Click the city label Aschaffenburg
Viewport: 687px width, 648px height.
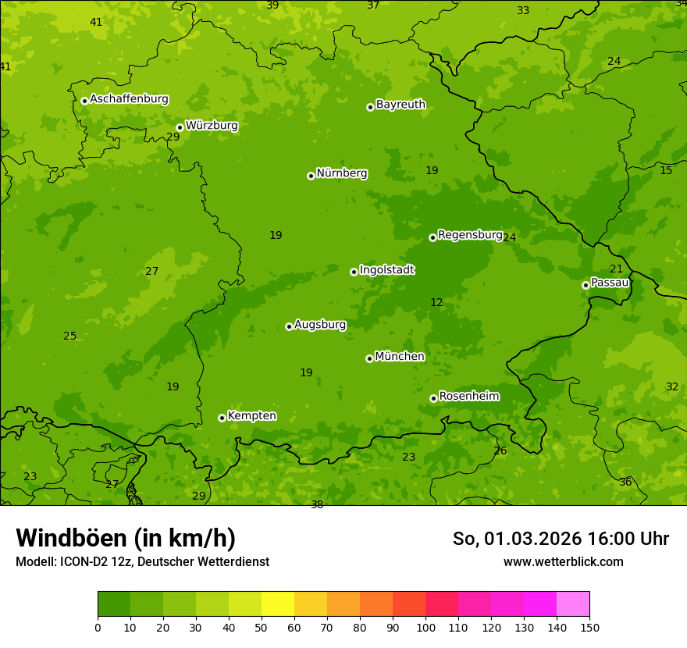pos(129,99)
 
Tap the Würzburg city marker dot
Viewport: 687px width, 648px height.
pos(180,127)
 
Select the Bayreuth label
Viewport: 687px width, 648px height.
pos(400,105)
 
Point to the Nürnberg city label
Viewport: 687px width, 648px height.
pos(341,173)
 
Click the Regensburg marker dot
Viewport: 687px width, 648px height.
pos(432,237)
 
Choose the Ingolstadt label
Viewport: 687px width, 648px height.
pos(386,270)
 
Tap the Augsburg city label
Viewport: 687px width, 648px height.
pos(320,325)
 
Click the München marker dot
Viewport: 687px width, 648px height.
pos(369,358)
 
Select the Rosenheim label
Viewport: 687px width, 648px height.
pos(468,397)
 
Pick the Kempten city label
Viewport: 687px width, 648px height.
pos(251,416)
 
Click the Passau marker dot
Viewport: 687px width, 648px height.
pos(586,285)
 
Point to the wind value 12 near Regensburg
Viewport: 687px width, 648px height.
pos(436,303)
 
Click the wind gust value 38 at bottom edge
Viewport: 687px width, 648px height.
pos(317,505)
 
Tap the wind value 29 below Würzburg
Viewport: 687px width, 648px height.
pos(173,137)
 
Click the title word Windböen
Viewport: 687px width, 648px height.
pos(72,538)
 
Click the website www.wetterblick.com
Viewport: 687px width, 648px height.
pos(563,561)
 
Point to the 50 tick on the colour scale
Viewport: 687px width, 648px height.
pos(262,627)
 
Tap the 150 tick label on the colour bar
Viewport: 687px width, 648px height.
pos(589,627)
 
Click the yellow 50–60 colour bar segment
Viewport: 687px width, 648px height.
pos(278,604)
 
